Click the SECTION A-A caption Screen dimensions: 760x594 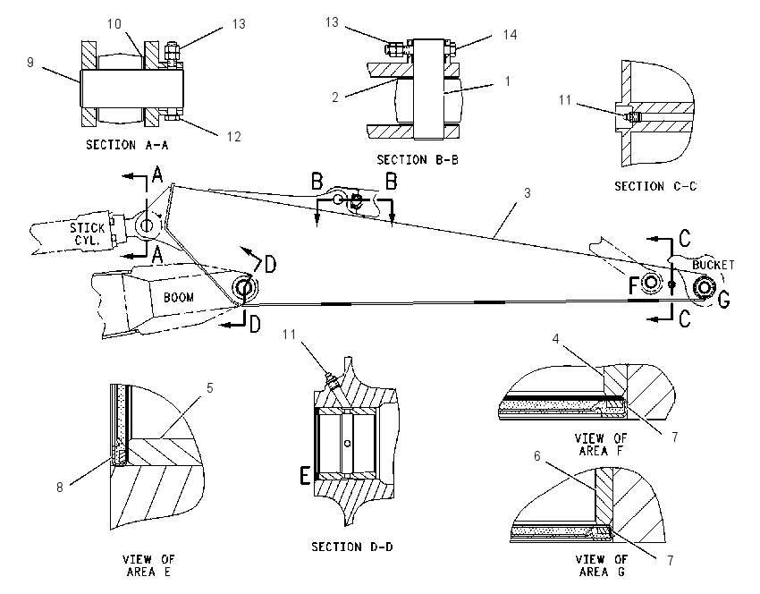pyautogui.click(x=127, y=145)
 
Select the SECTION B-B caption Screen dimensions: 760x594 pyautogui.click(x=418, y=159)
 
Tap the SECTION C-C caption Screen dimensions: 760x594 pyautogui.click(x=655, y=186)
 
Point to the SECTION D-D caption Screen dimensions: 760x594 pyautogui.click(x=352, y=547)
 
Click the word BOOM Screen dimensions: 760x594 pyautogui.click(x=178, y=297)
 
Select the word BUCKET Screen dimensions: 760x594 pyautogui.click(x=713, y=265)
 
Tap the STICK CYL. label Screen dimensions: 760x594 pyautogui.click(x=88, y=233)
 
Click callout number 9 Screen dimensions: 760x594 pyautogui.click(x=30, y=63)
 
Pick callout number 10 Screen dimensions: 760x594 pyautogui.click(x=114, y=24)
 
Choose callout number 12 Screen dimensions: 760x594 pyautogui.click(x=233, y=137)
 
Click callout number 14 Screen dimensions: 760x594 pyautogui.click(x=510, y=34)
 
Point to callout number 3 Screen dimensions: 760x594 pyautogui.click(x=528, y=193)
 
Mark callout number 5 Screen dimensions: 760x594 pyautogui.click(x=210, y=388)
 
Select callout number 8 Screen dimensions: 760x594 pyautogui.click(x=60, y=488)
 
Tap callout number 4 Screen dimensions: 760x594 pyautogui.click(x=555, y=338)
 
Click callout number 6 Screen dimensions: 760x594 pyautogui.click(x=537, y=456)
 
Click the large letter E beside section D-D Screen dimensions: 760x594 pyautogui.click(x=304, y=475)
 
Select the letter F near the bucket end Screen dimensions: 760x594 pyautogui.click(x=633, y=286)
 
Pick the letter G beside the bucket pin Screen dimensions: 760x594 pyautogui.click(x=723, y=300)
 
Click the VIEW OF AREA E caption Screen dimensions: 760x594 pyautogui.click(x=148, y=566)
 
